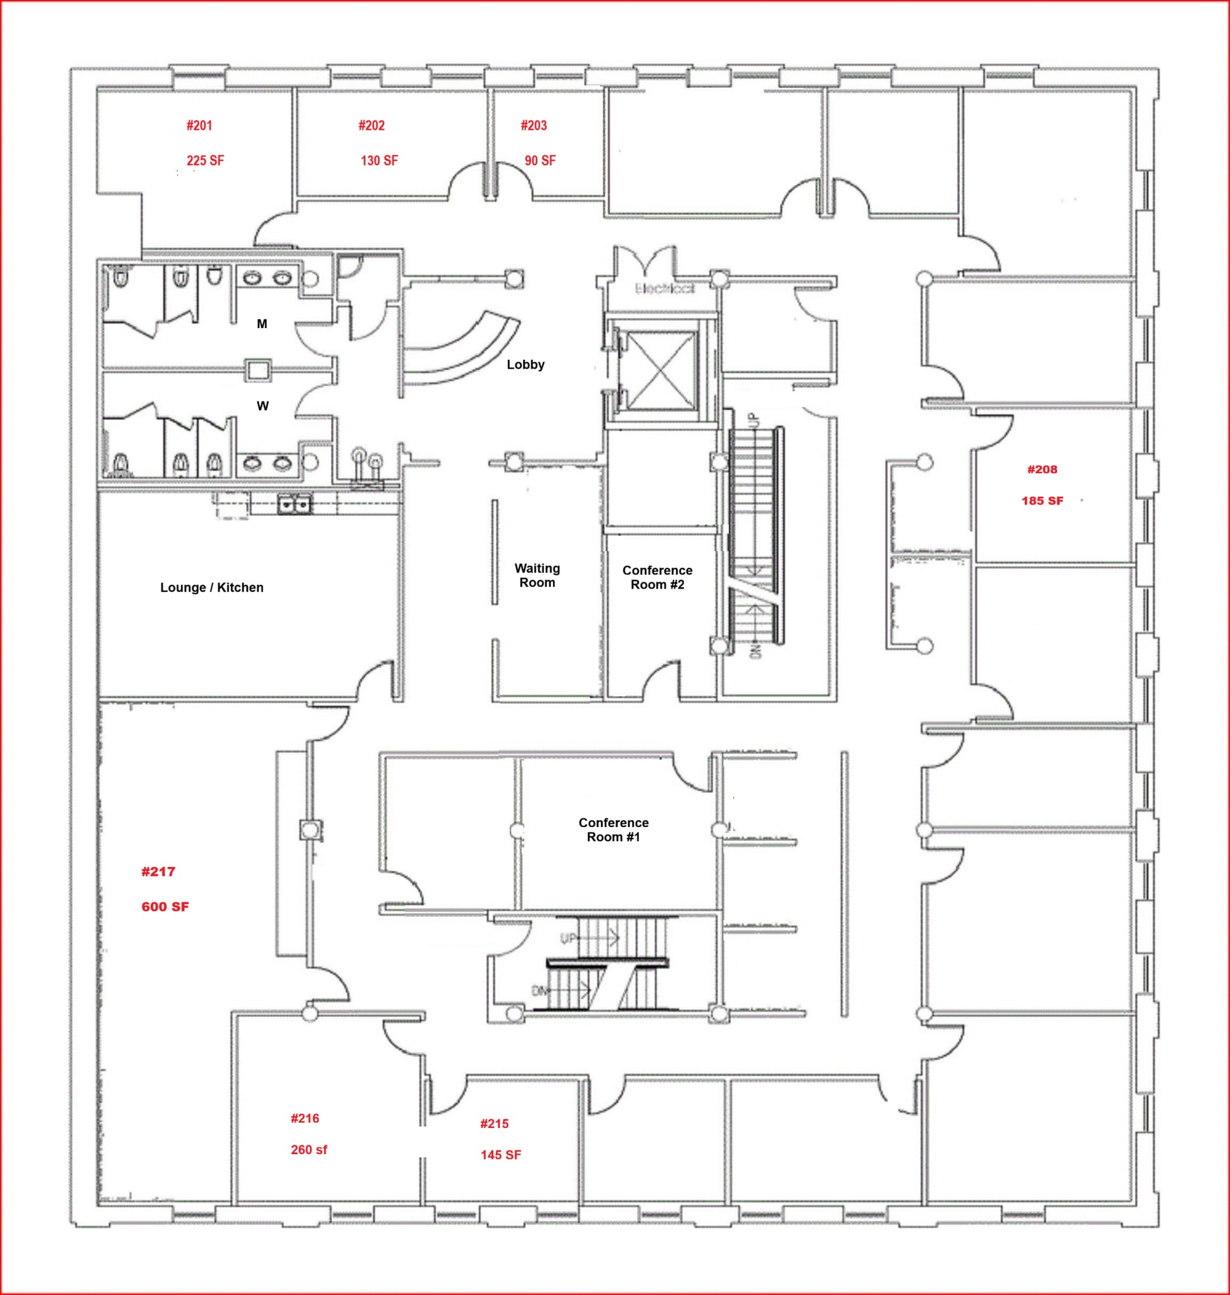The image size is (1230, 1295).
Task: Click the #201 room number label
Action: pos(199,125)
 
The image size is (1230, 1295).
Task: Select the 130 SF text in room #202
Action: pos(379,161)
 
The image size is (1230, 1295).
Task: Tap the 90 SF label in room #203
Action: pos(540,161)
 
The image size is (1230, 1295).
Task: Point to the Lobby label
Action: pos(525,364)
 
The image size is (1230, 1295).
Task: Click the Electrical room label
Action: pos(664,288)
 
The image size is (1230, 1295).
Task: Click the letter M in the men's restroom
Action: pos(261,324)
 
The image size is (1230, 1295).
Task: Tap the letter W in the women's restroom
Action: pos(262,406)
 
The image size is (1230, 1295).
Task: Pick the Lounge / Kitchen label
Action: pos(212,587)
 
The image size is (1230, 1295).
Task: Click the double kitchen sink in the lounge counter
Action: pos(294,504)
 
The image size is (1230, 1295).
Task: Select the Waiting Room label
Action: pos(537,575)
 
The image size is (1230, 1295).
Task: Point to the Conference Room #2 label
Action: pos(657,577)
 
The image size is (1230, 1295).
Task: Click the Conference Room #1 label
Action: pos(613,830)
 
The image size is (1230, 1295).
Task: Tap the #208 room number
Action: pos(1042,469)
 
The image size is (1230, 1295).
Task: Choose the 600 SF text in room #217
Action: pos(165,906)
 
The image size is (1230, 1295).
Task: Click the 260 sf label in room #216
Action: pos(309,1150)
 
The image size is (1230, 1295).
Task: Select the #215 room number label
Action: pos(494,1123)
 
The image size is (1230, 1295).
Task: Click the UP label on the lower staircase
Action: pos(568,938)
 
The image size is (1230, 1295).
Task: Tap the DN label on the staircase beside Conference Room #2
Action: pos(755,651)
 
